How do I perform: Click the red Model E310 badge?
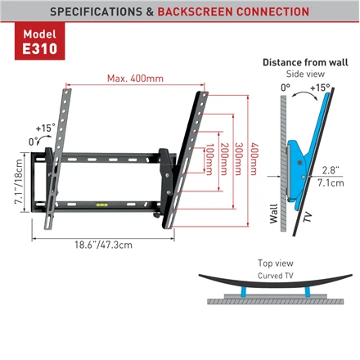(40, 41)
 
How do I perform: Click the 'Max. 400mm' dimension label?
(135, 79)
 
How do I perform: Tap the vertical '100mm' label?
(209, 160)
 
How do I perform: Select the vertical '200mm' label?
(224, 159)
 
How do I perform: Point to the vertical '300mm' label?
(239, 159)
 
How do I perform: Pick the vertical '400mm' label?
(254, 159)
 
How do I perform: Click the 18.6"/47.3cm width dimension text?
(104, 245)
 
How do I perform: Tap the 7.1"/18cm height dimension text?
(19, 182)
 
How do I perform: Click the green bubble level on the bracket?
(102, 205)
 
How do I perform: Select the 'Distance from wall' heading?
(305, 62)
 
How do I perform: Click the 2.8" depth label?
(331, 170)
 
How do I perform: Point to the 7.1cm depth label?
(331, 182)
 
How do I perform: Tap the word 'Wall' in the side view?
(274, 214)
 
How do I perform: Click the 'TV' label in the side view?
(308, 217)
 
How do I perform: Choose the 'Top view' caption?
(276, 263)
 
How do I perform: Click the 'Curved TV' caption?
(276, 276)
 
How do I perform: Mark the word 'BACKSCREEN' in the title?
(195, 11)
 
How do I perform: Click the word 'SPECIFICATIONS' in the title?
(96, 11)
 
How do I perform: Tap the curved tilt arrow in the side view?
(304, 94)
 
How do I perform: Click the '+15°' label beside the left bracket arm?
(46, 128)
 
